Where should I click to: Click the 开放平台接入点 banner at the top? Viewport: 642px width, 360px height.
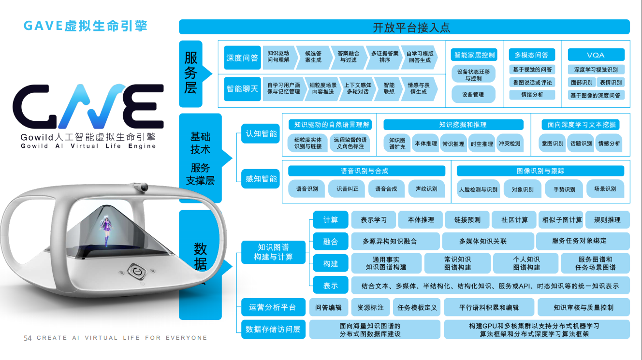point(404,27)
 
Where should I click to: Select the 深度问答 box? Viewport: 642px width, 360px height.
point(242,58)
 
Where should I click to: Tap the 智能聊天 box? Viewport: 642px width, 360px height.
point(242,89)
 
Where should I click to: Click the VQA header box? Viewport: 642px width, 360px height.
point(596,55)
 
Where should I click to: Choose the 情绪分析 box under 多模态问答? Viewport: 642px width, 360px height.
point(532,95)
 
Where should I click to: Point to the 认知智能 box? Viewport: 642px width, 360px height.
point(261,134)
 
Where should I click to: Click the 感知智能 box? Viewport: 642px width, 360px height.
point(261,179)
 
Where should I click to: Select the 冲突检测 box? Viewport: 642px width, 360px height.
point(510,144)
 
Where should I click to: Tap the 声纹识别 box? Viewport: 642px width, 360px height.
point(426,189)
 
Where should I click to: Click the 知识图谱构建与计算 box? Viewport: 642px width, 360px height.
point(273,252)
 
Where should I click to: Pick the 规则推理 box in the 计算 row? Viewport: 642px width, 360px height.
point(607,220)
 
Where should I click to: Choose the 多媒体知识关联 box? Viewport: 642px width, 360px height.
point(489,241)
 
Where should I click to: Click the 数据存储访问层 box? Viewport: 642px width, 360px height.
point(273,329)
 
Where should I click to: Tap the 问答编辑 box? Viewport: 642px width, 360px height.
point(328,307)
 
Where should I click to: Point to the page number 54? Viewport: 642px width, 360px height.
point(28,338)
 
